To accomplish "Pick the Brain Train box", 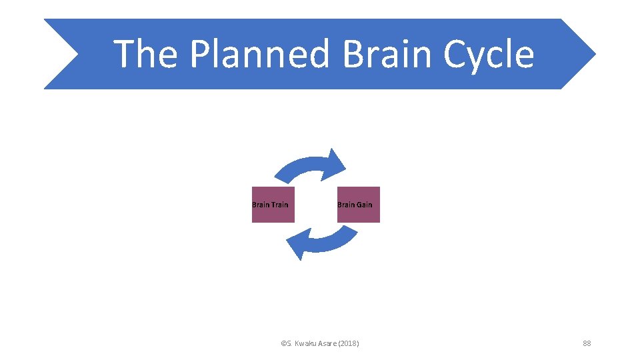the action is click(273, 205).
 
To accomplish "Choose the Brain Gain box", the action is click(358, 205).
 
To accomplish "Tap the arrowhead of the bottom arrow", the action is click(297, 246).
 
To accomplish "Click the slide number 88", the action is click(587, 343).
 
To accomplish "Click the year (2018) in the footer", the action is click(349, 343).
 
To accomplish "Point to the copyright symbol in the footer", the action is click(283, 343).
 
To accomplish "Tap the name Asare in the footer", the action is click(327, 343).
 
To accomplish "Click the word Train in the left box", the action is click(280, 205).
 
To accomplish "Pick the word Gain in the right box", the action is click(365, 205).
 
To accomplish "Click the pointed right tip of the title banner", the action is click(591, 53).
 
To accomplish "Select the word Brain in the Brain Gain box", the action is click(347, 205).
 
